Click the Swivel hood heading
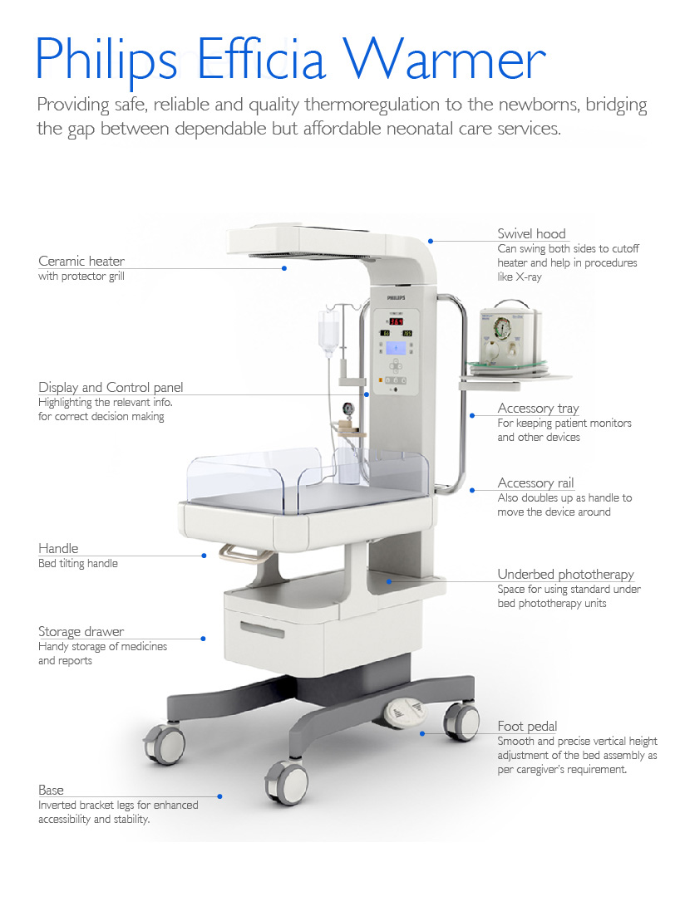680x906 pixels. point(531,234)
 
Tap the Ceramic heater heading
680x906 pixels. point(81,262)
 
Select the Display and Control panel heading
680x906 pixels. point(111,388)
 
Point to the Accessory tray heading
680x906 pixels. point(538,409)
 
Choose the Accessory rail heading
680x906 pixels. point(535,483)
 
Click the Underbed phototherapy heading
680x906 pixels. point(565,575)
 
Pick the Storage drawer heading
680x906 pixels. point(81,632)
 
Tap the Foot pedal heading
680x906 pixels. point(527,727)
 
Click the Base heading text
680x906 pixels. point(51,791)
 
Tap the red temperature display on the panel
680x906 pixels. point(397,321)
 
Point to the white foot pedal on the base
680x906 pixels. point(403,710)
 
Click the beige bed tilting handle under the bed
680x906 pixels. point(237,551)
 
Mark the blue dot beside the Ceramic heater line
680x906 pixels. point(284,268)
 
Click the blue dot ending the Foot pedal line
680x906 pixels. point(422,733)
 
